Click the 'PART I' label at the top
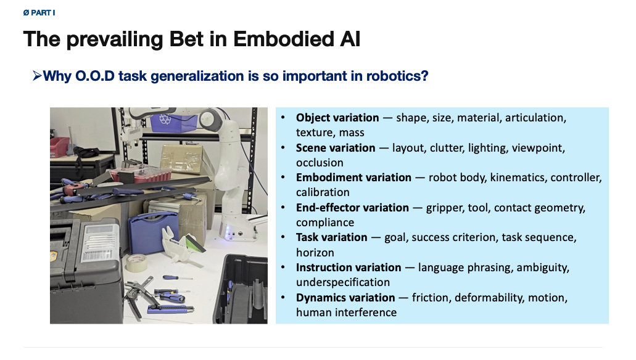tap(43, 13)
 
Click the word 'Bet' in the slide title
tap(186, 39)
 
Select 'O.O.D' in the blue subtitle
tap(95, 76)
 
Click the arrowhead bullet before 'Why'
tap(37, 76)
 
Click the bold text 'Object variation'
tap(337, 118)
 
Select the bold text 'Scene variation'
tap(336, 147)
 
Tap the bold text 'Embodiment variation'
tap(353, 178)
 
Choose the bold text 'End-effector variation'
tap(352, 208)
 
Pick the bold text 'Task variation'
tap(331, 237)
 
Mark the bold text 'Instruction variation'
tap(349, 268)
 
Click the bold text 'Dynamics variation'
tap(345, 298)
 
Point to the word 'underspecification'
tap(343, 282)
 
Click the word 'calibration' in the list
tap(323, 192)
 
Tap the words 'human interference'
tap(347, 312)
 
